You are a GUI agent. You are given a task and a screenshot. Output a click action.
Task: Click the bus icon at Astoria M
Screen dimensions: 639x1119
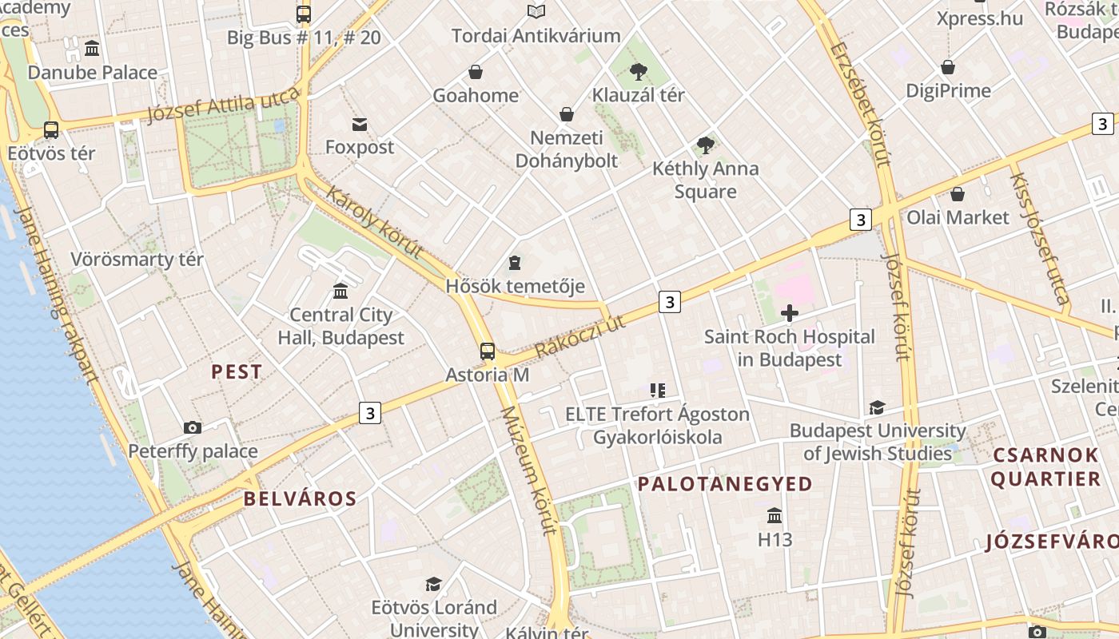click(488, 351)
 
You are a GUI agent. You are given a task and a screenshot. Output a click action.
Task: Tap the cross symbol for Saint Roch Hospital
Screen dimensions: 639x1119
click(790, 312)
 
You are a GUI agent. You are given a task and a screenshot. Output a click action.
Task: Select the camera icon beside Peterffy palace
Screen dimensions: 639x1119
click(193, 427)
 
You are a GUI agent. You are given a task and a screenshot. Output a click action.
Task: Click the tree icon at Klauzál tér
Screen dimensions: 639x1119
click(638, 72)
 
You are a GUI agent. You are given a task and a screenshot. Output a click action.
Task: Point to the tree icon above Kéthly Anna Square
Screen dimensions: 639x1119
click(705, 145)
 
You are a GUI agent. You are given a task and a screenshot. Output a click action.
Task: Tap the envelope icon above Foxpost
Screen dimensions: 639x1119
click(360, 124)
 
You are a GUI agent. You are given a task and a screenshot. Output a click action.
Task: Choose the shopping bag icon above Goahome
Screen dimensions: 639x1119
click(476, 72)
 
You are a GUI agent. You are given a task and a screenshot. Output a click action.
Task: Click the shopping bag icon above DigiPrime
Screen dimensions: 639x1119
click(948, 67)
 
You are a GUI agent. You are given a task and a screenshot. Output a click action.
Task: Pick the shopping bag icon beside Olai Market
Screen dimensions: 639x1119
click(958, 193)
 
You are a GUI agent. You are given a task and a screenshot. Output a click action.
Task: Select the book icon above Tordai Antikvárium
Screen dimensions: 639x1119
click(536, 12)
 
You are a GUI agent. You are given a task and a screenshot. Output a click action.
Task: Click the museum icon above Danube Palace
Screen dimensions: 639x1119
click(92, 49)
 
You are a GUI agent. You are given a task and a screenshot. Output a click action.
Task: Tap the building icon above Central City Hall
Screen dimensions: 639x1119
click(340, 291)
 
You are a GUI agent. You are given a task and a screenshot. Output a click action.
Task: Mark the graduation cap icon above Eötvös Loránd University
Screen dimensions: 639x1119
click(433, 584)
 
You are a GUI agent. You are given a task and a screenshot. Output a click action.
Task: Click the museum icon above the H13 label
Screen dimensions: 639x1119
click(775, 515)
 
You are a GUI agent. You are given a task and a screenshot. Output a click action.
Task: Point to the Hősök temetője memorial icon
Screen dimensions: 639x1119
click(515, 262)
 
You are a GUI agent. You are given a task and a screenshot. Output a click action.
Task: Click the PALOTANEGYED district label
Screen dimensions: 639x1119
click(725, 483)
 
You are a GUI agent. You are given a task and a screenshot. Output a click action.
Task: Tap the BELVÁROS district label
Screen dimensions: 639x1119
click(300, 499)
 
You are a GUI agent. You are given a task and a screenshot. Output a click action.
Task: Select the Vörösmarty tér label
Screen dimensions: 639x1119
click(137, 260)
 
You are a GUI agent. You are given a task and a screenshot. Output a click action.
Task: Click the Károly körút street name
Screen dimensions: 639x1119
click(374, 223)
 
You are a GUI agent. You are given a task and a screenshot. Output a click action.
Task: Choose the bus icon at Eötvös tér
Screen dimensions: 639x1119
click(51, 129)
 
